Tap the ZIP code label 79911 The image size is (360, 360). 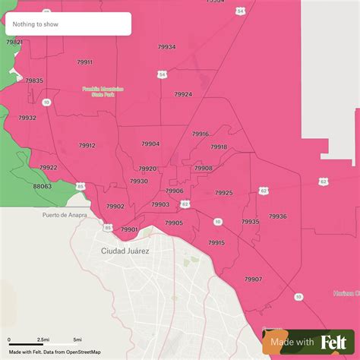[84, 62]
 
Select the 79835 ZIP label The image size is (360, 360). [34, 81]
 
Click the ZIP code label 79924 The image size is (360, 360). [183, 95]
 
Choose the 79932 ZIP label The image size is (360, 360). [27, 118]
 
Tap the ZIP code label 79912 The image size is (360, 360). [87, 145]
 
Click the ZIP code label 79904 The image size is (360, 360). [150, 144]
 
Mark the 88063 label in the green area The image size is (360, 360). [43, 186]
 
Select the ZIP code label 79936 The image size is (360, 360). [277, 216]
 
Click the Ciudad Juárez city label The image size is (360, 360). [125, 250]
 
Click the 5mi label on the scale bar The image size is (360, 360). [77, 339]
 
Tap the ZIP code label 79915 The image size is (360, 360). [216, 243]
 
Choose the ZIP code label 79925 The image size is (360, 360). [223, 193]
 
